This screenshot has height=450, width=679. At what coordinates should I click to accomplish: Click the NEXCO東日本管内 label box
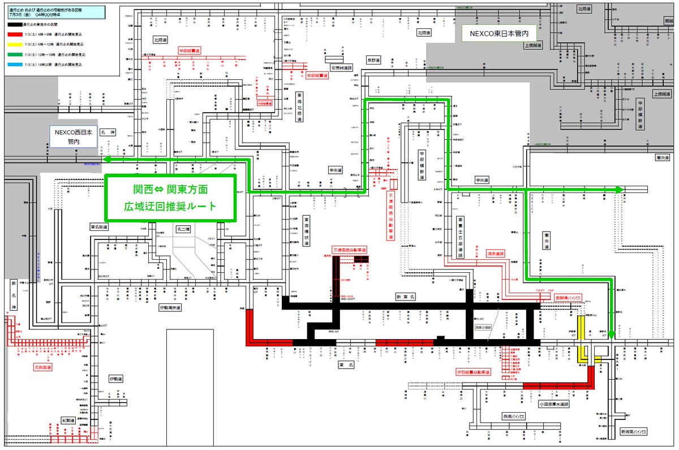tap(495, 33)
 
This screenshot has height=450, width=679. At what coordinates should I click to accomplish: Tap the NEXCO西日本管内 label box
tap(73, 136)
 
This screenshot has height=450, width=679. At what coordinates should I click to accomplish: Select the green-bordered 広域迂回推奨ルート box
tap(170, 198)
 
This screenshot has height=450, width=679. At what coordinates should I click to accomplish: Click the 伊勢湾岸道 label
tap(169, 308)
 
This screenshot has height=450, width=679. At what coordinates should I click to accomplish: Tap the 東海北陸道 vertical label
tap(299, 107)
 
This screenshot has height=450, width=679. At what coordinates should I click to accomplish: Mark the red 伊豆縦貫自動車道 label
tap(473, 372)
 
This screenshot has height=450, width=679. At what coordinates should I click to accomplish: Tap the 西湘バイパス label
tap(514, 416)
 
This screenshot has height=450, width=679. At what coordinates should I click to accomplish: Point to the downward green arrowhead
tap(612, 332)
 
